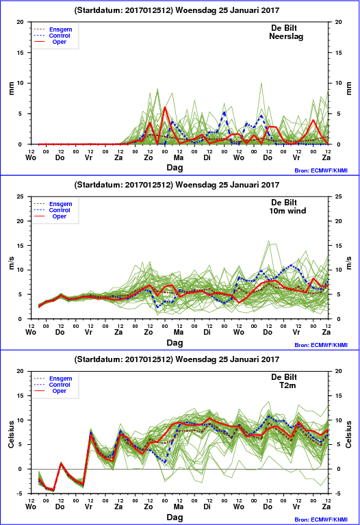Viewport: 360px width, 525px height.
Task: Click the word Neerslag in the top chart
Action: pyautogui.click(x=286, y=36)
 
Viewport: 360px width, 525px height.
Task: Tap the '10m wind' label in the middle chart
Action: pyautogui.click(x=287, y=211)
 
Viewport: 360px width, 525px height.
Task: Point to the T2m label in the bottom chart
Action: pyautogui.click(x=287, y=385)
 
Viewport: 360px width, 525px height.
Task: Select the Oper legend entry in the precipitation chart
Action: pyautogui.click(x=59, y=42)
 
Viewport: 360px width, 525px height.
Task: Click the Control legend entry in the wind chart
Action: pyautogui.click(x=60, y=210)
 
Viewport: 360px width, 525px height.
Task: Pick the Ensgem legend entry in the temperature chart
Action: pyautogui.click(x=61, y=379)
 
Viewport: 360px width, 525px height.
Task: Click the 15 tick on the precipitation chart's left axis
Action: pyautogui.click(x=21, y=53)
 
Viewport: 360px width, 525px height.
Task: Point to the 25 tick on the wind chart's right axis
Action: pyautogui.click(x=338, y=196)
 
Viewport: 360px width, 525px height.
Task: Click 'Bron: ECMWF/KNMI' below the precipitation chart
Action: pyautogui.click(x=321, y=170)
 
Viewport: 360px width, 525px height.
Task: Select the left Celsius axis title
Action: pyautogui.click(x=12, y=434)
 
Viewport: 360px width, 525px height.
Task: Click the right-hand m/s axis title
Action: pyautogui.click(x=349, y=263)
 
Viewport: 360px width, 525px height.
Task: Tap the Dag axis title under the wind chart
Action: pyautogui.click(x=175, y=342)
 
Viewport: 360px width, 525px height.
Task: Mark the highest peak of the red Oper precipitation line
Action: pyautogui.click(x=165, y=107)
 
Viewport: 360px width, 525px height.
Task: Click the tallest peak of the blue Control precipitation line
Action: pyautogui.click(x=224, y=112)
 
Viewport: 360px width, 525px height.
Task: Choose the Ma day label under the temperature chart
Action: pyautogui.click(x=179, y=507)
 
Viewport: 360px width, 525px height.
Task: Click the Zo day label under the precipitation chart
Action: pyautogui.click(x=149, y=157)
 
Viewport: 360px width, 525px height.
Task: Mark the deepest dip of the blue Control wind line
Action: pyautogui.click(x=157, y=307)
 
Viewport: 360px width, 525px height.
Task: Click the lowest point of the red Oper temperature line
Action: pyautogui.click(x=53, y=490)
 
